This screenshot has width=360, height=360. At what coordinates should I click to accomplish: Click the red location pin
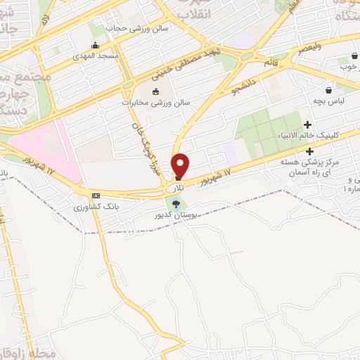[x=181, y=165]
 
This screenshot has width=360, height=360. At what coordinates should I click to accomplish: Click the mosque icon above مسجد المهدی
[x=95, y=46]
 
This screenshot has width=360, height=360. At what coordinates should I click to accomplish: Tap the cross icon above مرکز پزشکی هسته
[x=310, y=150]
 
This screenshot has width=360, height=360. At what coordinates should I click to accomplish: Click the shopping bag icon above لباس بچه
[x=328, y=90]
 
